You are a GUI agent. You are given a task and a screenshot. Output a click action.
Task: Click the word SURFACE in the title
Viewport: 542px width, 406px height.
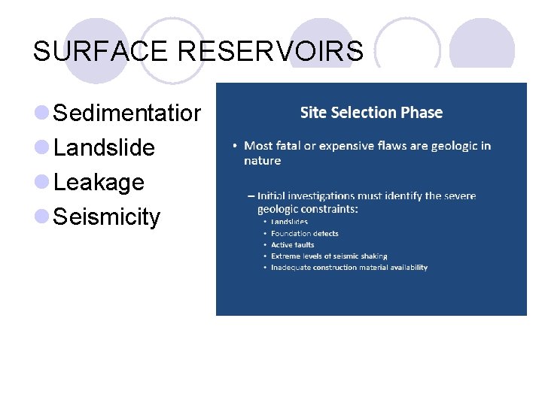[102, 51]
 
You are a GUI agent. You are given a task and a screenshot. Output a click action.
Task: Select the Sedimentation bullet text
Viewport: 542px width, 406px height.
[127, 114]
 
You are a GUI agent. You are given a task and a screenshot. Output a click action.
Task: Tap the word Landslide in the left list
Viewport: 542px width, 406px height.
[105, 148]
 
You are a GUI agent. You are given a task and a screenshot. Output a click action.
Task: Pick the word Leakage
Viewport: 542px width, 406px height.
[99, 183]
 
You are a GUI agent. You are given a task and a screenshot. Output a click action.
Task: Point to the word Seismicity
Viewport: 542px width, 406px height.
[108, 217]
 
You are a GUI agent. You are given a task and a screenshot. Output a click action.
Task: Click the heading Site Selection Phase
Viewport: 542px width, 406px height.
[371, 113]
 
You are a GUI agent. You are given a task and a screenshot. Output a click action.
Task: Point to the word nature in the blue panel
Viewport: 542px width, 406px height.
[262, 160]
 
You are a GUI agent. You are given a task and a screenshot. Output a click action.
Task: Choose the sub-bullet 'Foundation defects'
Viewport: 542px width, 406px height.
[304, 234]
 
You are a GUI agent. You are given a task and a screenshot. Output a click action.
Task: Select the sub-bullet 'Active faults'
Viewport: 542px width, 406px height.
[292, 245]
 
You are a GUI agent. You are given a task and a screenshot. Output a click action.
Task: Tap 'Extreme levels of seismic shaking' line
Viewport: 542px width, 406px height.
[329, 256]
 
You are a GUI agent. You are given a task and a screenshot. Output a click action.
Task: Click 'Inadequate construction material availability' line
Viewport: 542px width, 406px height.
[349, 268]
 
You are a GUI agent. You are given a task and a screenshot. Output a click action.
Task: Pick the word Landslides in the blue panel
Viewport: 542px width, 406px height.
[289, 223]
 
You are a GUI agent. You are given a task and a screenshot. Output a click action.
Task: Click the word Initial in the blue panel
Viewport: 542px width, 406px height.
[272, 196]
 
